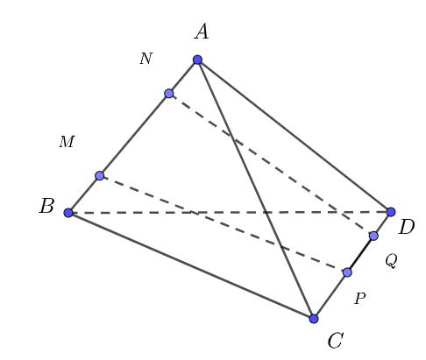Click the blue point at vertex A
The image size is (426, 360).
(x=198, y=60)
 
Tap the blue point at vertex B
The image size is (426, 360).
(x=68, y=213)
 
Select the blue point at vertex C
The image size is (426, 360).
(x=314, y=319)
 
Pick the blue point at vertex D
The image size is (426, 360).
(x=391, y=212)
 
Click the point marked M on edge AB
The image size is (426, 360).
(x=100, y=176)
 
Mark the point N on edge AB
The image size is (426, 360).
(x=169, y=94)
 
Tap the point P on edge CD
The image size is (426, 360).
(x=347, y=272)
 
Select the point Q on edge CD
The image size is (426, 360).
(x=373, y=236)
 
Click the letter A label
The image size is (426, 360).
(x=202, y=32)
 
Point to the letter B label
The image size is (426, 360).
(x=46, y=208)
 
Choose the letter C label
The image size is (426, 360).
(x=335, y=342)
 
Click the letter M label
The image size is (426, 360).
(x=67, y=142)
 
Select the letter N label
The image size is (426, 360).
(x=146, y=60)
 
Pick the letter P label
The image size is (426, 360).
(x=359, y=299)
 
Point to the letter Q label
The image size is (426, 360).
(x=391, y=261)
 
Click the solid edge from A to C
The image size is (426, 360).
(x=256, y=189)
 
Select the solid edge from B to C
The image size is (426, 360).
(x=191, y=265)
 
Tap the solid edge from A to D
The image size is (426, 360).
(x=295, y=136)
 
